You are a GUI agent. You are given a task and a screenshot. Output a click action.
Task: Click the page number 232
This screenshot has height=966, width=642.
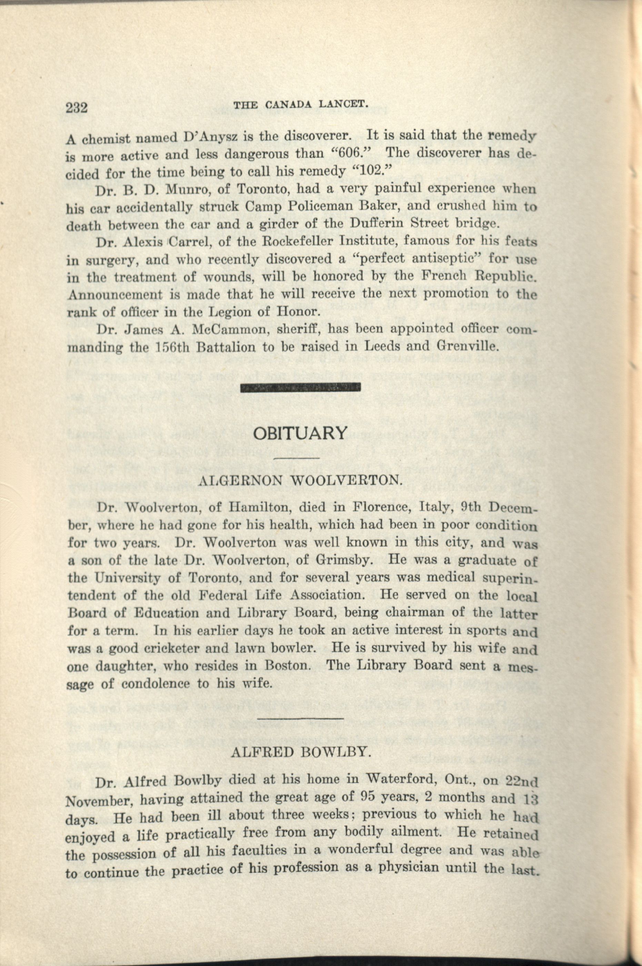pyautogui.click(x=77, y=108)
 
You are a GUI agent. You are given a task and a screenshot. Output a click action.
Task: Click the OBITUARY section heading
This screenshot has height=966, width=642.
pyautogui.click(x=300, y=433)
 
